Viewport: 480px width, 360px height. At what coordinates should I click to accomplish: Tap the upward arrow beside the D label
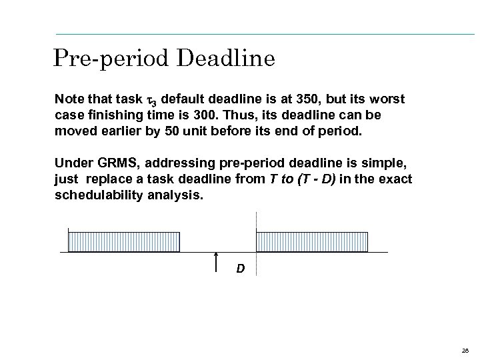pos(216,263)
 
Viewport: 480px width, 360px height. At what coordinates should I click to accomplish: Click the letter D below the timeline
pos(240,269)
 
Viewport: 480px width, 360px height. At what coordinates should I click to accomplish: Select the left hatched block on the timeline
pos(124,241)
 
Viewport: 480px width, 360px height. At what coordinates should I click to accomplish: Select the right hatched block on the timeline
pos(312,241)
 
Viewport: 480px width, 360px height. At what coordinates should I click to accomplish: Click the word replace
pos(106,179)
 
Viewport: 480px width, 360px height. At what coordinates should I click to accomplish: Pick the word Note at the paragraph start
pos(68,99)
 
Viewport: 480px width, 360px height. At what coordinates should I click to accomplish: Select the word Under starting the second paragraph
pos(71,164)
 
